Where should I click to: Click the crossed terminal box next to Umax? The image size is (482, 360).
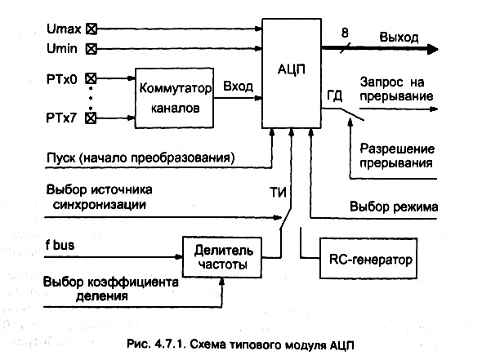(x=91, y=29)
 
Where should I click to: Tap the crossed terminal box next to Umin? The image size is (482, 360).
(x=91, y=49)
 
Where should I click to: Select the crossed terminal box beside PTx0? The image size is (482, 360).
(x=91, y=78)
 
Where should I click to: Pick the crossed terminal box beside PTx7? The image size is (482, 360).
(x=91, y=118)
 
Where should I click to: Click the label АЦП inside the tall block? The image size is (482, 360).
(x=292, y=69)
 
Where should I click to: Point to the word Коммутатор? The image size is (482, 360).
(x=175, y=88)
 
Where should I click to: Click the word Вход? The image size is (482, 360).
(x=238, y=87)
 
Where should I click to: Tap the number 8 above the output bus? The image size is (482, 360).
(x=346, y=33)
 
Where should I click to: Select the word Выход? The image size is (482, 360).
(x=399, y=38)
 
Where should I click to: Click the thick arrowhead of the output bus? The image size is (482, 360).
(x=433, y=49)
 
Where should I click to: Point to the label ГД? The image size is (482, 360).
(x=334, y=96)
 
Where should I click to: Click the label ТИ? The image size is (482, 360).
(x=278, y=193)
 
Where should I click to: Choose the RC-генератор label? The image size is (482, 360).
(x=370, y=260)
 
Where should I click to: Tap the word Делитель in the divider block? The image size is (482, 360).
(x=224, y=251)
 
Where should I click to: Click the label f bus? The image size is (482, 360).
(x=60, y=245)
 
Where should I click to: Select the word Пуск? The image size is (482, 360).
(x=61, y=158)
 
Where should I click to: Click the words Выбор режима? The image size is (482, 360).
(x=394, y=207)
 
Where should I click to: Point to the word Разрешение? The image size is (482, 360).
(x=397, y=149)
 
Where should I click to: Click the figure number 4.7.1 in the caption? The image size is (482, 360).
(x=170, y=344)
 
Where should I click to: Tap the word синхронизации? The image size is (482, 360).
(x=99, y=205)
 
